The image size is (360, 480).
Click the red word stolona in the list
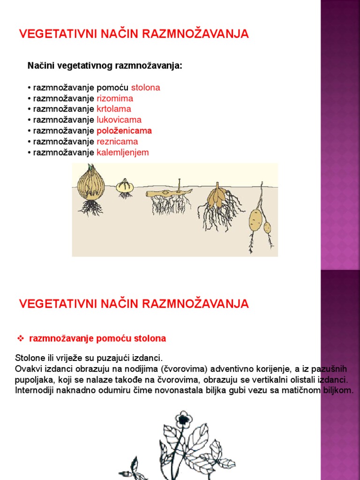145,88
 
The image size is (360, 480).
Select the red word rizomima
115,98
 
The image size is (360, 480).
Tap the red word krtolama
114,109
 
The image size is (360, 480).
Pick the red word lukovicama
119,120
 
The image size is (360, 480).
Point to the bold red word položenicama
124,131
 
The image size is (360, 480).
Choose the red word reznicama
117,142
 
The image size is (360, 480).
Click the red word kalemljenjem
123,152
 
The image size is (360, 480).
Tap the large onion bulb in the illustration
90,185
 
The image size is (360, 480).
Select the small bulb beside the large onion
125,186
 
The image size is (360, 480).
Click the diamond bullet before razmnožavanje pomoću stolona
20,338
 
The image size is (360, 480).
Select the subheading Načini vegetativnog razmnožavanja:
105,66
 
